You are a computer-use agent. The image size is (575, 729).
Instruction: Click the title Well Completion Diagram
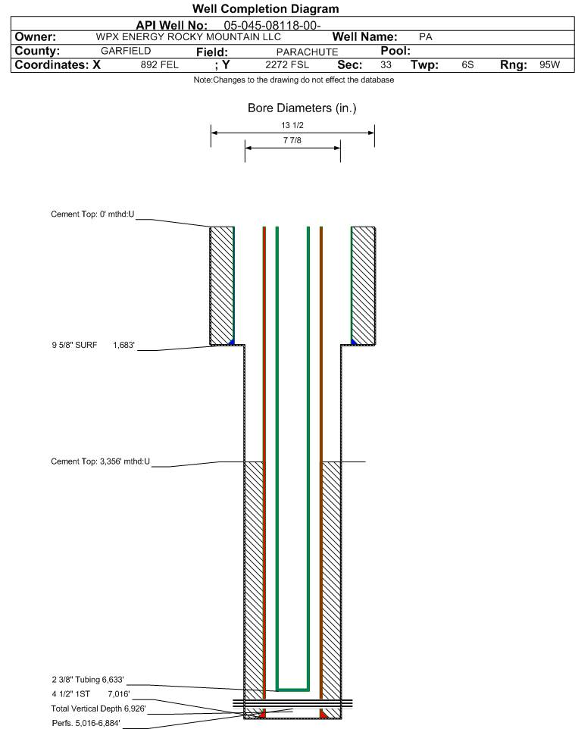(x=266, y=9)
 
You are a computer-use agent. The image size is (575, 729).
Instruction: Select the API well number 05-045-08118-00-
(x=273, y=25)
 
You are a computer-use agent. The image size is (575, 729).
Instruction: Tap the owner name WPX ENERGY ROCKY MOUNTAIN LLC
(x=189, y=36)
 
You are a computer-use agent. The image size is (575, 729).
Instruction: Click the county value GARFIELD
(x=126, y=51)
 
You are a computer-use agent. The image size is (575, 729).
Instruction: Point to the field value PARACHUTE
(x=308, y=52)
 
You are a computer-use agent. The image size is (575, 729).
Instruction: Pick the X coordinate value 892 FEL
(x=159, y=64)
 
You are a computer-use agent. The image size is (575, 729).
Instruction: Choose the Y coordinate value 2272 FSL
(x=287, y=64)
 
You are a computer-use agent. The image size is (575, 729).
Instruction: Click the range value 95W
(x=550, y=64)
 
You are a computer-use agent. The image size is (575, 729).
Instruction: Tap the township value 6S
(x=467, y=64)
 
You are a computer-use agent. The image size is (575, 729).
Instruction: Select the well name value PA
(x=425, y=36)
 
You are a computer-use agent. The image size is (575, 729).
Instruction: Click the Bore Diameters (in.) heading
(x=302, y=108)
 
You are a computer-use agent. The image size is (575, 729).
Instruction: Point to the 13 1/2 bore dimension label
(x=292, y=125)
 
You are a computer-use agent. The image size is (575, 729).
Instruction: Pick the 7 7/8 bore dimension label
(x=292, y=140)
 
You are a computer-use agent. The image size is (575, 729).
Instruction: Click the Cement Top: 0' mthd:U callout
(x=92, y=214)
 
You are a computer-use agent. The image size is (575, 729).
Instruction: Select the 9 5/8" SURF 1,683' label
(x=93, y=345)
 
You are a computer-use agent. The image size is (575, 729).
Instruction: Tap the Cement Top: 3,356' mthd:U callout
(x=101, y=461)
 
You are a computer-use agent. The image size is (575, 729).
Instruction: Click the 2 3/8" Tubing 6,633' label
(x=88, y=680)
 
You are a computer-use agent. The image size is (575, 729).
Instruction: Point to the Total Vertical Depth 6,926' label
(x=98, y=709)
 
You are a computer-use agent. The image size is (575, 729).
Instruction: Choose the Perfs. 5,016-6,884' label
(x=86, y=723)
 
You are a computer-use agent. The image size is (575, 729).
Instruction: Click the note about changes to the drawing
(x=294, y=80)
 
